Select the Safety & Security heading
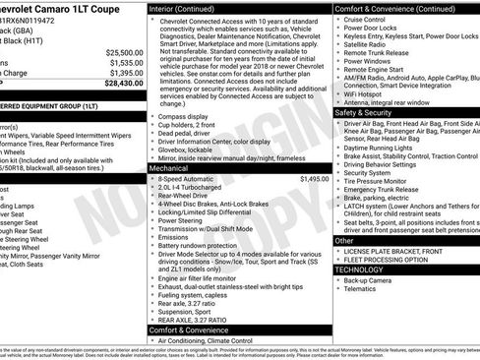pyautogui.click(x=369, y=113)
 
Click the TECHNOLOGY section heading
pyautogui.click(x=358, y=269)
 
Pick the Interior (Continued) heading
pyautogui.click(x=189, y=8)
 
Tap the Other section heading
pyautogui.click(x=344, y=240)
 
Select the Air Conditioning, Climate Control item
pyautogui.click(x=223, y=340)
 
